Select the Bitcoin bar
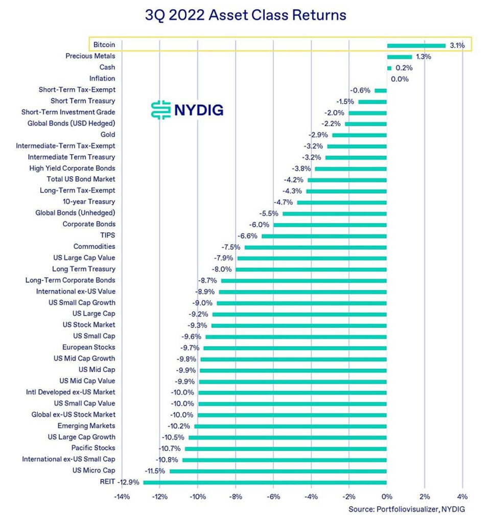pyautogui.click(x=416, y=45)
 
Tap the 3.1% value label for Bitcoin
pyautogui.click(x=457, y=45)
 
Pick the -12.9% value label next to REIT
pyautogui.click(x=128, y=482)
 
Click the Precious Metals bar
pyautogui.click(x=399, y=56)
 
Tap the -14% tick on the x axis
pyautogui.click(x=122, y=496)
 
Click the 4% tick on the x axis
pyautogui.click(x=462, y=496)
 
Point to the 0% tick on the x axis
pyautogui.click(x=387, y=496)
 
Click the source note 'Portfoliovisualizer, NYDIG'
pyautogui.click(x=407, y=509)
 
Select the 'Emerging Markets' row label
pyautogui.click(x=86, y=426)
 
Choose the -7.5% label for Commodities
pyautogui.click(x=230, y=247)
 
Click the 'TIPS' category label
pyautogui.click(x=107, y=235)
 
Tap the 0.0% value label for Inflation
pyautogui.click(x=400, y=79)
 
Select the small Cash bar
pyautogui.click(x=389, y=67)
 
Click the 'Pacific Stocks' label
pyautogui.click(x=93, y=448)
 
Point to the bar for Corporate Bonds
pyautogui.click(x=330, y=224)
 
